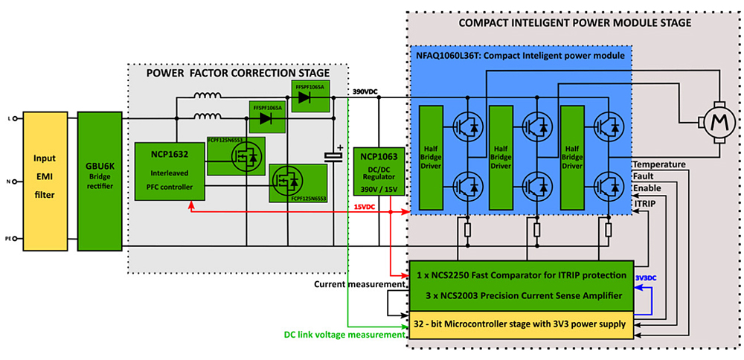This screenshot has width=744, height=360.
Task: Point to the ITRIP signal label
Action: (644, 202)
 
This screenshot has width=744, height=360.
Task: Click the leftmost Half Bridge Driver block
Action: (432, 158)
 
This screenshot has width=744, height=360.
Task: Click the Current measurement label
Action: (360, 284)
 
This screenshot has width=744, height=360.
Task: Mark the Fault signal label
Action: (644, 177)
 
